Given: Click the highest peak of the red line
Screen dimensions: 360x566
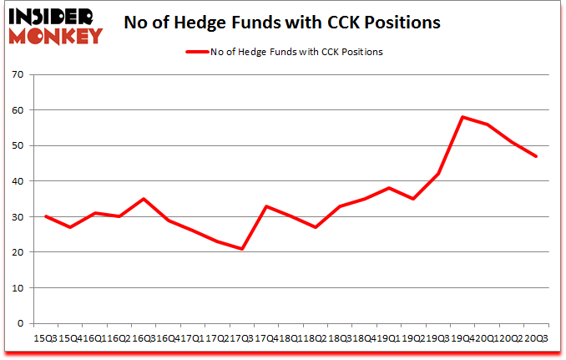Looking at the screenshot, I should point(462,117).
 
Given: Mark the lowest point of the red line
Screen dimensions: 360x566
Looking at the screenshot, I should point(243,249).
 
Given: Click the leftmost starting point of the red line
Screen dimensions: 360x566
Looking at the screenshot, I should point(45,216).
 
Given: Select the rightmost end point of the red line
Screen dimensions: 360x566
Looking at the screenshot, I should point(535,156).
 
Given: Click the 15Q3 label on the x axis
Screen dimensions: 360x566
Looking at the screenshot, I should point(45,337).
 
